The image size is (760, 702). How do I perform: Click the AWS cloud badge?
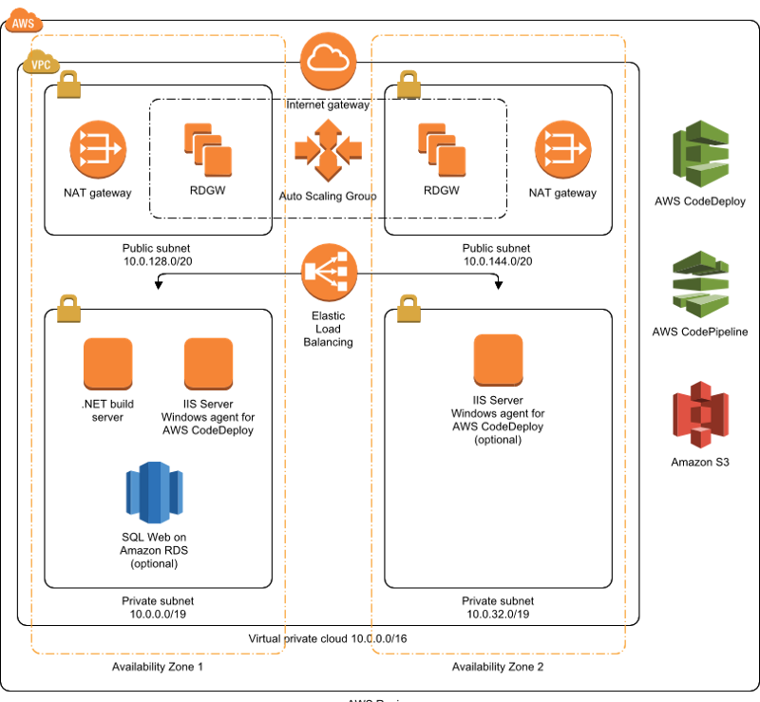[24, 21]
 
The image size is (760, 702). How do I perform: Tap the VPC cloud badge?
[41, 64]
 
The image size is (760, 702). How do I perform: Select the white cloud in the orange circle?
[328, 61]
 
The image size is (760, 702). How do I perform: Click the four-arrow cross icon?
[328, 149]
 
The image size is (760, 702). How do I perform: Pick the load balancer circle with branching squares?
[329, 272]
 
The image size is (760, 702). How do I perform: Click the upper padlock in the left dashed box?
[68, 85]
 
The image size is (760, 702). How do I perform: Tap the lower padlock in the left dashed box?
[68, 309]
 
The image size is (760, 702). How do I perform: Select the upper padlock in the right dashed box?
[408, 85]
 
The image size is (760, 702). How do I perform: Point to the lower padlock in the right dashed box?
[408, 309]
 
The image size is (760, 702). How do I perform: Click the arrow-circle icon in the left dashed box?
[98, 149]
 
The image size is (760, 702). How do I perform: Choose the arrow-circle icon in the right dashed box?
[562, 149]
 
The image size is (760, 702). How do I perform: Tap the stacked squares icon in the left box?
[208, 150]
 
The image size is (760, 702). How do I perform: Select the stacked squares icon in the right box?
[442, 150]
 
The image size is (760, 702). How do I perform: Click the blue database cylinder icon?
[154, 493]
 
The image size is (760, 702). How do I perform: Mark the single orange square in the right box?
[498, 360]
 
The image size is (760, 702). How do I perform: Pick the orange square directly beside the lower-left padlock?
[108, 363]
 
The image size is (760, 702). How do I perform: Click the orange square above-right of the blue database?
[208, 363]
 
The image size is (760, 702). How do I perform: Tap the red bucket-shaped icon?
[701, 415]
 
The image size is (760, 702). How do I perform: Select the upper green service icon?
[701, 154]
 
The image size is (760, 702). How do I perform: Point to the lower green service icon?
[701, 284]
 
